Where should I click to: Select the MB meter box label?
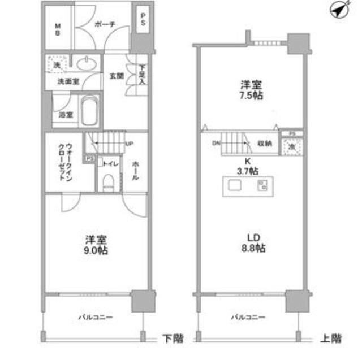(58, 28)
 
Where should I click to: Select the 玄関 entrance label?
(117, 76)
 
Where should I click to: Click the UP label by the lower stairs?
(129, 144)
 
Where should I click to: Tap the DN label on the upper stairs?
(216, 144)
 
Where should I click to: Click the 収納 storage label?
(265, 144)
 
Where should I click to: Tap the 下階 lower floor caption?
(170, 339)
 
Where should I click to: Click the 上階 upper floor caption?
(331, 339)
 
